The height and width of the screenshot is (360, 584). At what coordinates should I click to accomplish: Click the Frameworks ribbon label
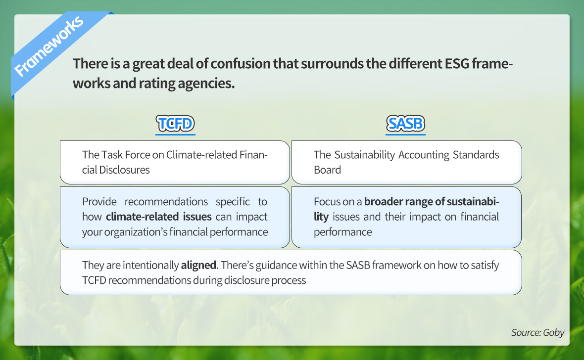point(49,46)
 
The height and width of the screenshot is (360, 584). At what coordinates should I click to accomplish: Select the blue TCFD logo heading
point(175,124)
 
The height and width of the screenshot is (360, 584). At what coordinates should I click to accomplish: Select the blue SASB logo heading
point(406,124)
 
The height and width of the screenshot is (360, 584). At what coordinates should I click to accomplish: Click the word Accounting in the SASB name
point(424,155)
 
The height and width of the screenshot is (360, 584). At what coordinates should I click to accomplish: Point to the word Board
point(327,170)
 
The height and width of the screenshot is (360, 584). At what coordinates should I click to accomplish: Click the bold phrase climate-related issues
point(159,217)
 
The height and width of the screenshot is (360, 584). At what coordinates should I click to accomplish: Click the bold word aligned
point(198,266)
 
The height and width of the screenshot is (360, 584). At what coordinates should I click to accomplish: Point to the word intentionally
point(150,266)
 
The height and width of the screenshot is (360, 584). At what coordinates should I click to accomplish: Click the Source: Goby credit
point(537,332)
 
